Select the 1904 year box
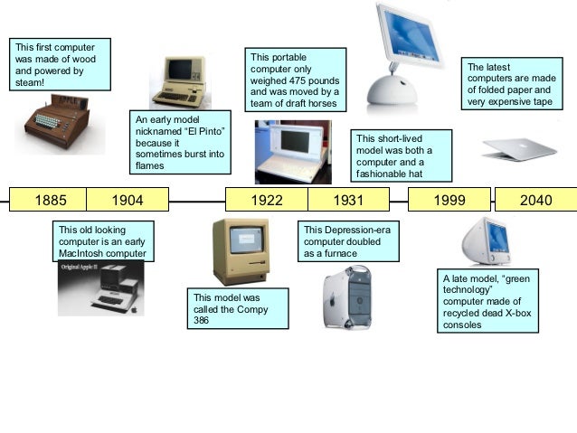(127, 200)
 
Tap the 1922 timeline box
(266, 200)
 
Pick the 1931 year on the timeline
(348, 200)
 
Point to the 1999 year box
(449, 200)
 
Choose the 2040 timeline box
(535, 200)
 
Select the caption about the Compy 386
(240, 308)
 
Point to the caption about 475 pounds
(294, 80)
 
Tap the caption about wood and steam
(59, 64)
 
